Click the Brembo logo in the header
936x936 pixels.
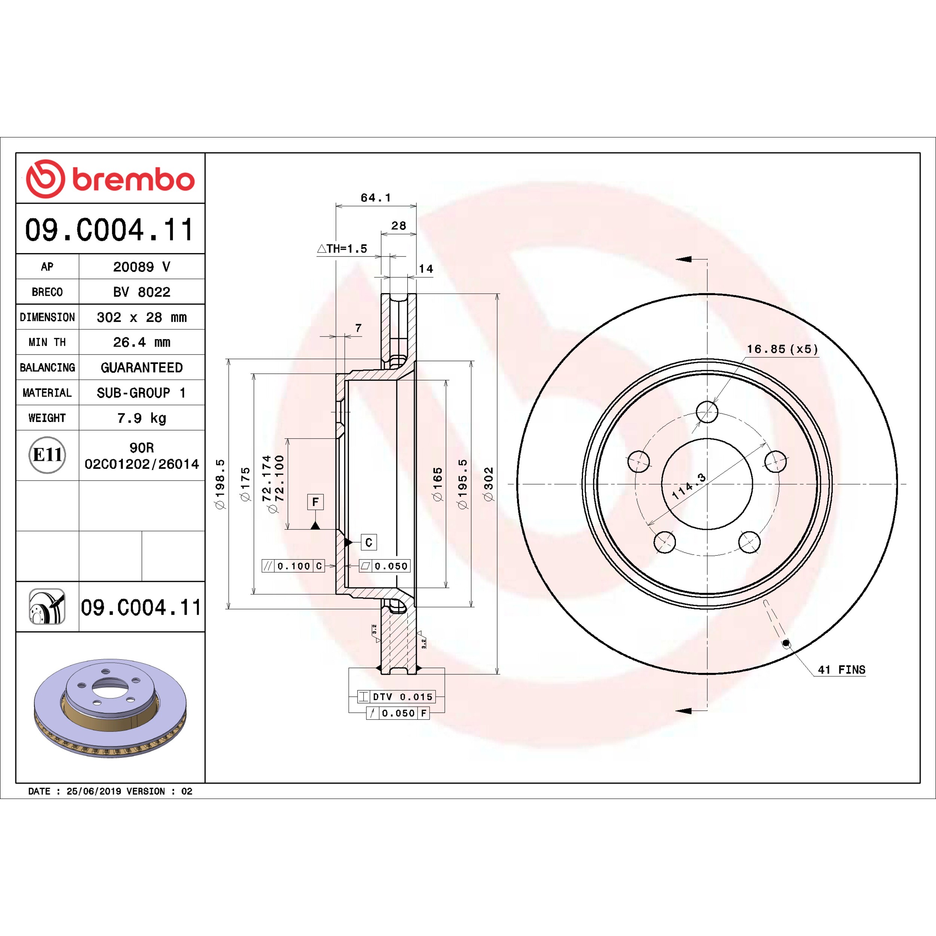[110, 179]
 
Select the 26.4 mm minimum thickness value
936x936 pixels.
[142, 342]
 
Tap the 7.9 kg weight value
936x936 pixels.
[142, 417]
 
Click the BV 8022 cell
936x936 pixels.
[142, 292]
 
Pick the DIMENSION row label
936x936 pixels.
[48, 317]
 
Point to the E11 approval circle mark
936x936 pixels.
[47, 455]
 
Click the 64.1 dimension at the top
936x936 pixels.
[376, 198]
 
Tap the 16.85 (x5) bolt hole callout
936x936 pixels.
[782, 349]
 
